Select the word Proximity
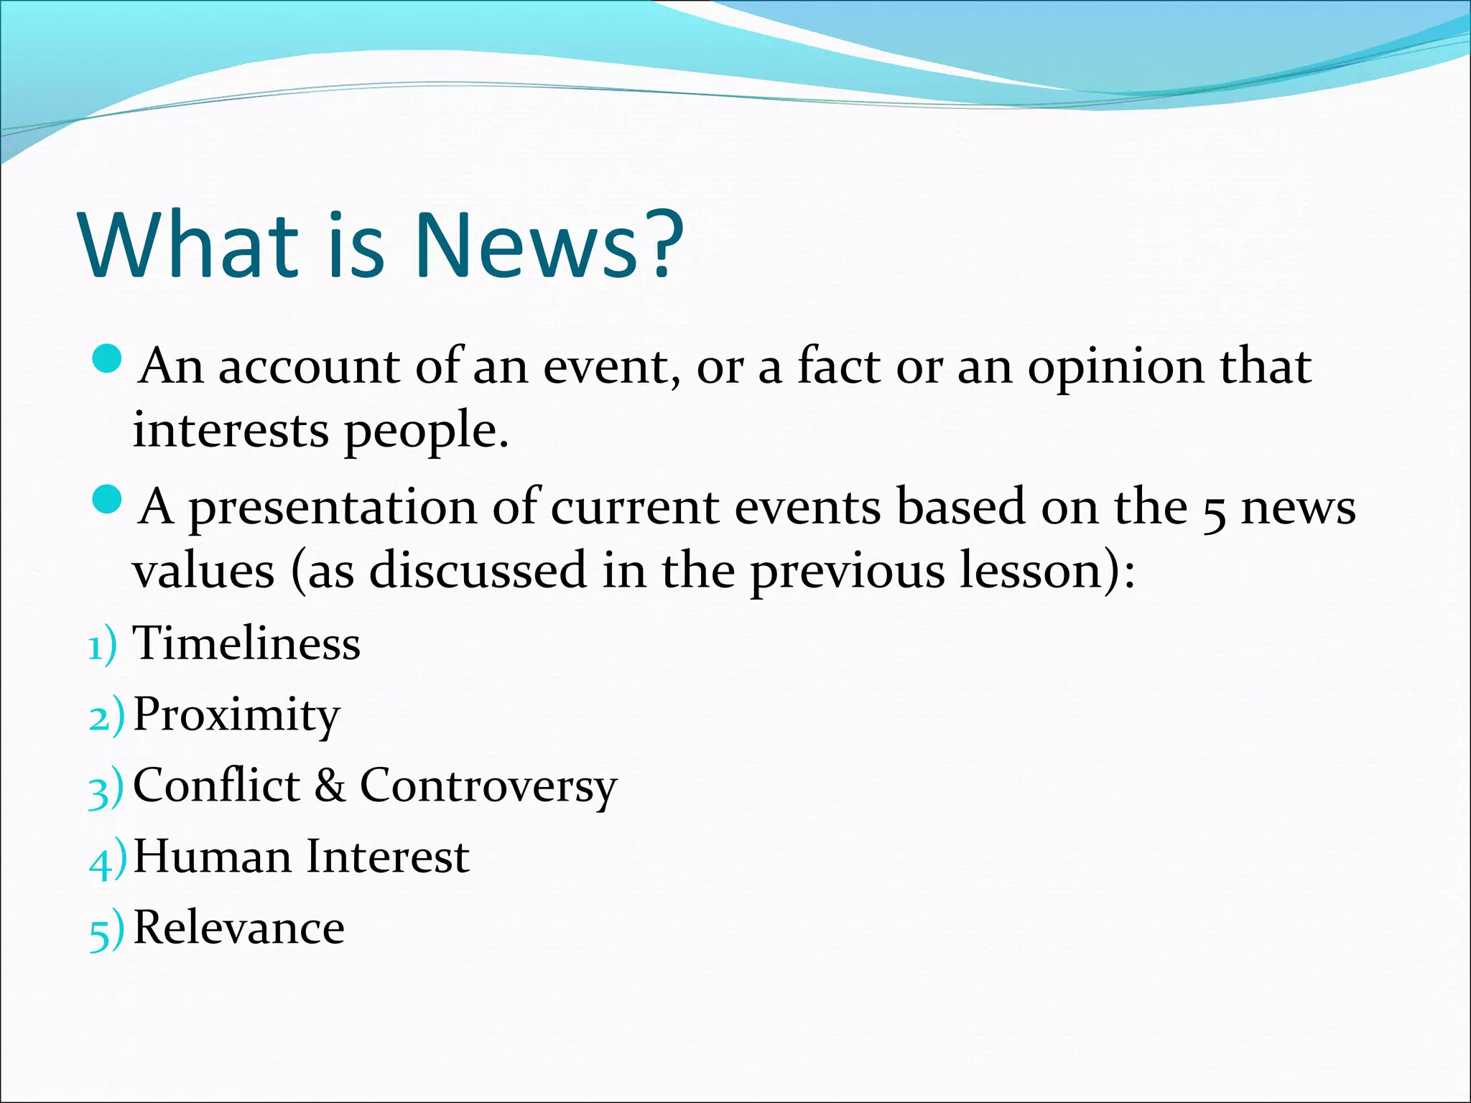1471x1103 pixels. tap(236, 715)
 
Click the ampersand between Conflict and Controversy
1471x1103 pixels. tap(330, 785)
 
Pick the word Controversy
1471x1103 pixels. tap(488, 786)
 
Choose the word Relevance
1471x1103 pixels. tap(239, 927)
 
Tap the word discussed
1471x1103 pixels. tap(477, 571)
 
